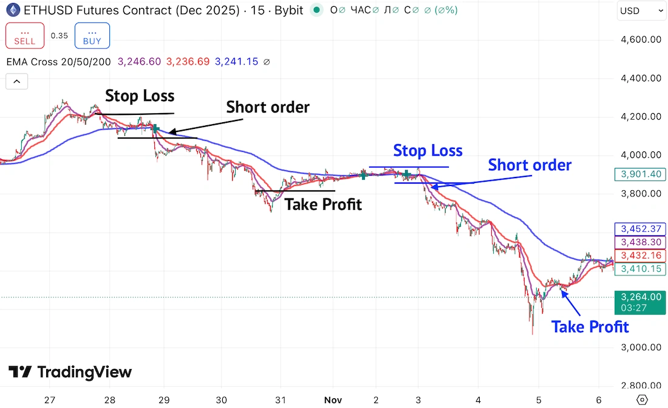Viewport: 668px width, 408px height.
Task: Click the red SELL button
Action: tap(24, 35)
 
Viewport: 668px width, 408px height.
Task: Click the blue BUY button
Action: tap(92, 35)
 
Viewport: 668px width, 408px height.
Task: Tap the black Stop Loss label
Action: tap(140, 96)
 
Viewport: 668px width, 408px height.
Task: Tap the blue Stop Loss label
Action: tap(428, 150)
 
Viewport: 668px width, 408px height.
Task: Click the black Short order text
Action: tap(268, 108)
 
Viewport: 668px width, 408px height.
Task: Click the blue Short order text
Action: tap(530, 165)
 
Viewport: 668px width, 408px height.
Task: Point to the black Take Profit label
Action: tap(323, 205)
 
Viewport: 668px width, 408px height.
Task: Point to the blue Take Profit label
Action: tap(590, 327)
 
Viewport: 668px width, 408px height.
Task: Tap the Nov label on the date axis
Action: tap(332, 399)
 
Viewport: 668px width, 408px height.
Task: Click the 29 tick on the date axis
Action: tap(163, 399)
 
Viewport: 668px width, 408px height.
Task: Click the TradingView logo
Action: tap(70, 372)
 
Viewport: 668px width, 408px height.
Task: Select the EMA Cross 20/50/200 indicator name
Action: tap(59, 61)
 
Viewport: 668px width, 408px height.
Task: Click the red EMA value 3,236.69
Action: tap(188, 61)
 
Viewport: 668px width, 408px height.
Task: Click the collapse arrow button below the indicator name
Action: tap(16, 81)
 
